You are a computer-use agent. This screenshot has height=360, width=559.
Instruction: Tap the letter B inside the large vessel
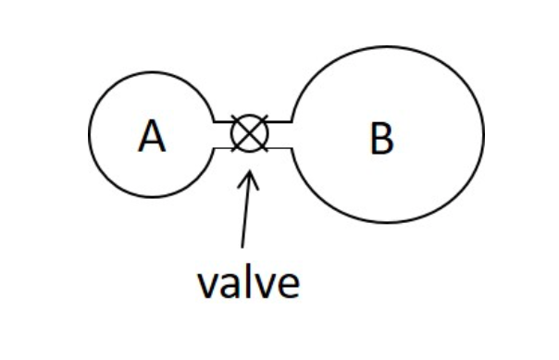pos(380,139)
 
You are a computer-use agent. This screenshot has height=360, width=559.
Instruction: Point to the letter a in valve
pos(228,286)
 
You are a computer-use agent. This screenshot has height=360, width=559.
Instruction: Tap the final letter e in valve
pos(287,286)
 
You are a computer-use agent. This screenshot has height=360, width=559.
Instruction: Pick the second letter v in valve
pos(264,286)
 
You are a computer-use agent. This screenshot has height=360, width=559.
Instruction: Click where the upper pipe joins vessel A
pos(212,121)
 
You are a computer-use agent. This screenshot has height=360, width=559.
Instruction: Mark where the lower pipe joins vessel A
pos(212,147)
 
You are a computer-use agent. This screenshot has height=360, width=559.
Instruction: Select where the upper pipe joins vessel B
pos(293,121)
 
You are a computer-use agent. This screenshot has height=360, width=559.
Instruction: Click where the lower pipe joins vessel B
pos(293,147)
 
